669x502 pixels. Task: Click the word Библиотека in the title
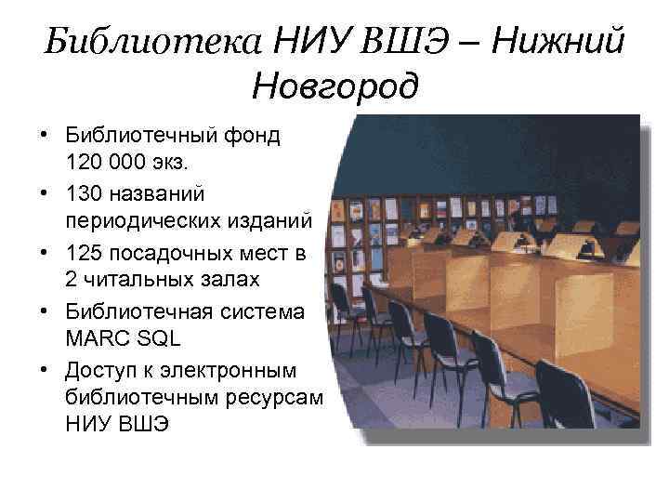coord(154,42)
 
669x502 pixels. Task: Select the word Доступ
coord(103,370)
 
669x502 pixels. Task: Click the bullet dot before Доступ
coord(45,370)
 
